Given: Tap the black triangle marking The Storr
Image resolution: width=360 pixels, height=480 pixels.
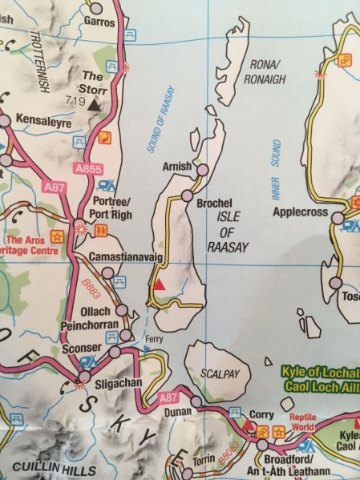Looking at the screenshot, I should [x=94, y=104].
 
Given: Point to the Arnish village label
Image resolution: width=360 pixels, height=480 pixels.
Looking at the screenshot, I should [x=176, y=166].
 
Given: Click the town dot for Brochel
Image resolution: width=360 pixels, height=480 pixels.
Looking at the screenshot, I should [x=187, y=196].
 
